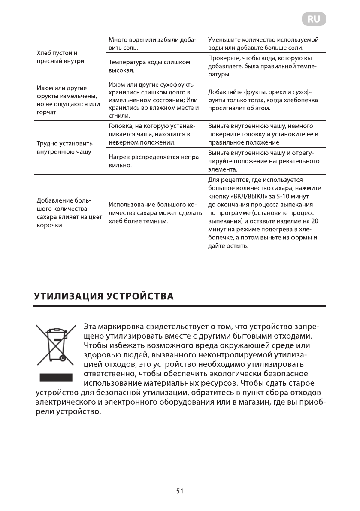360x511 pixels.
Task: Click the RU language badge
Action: (x=314, y=19)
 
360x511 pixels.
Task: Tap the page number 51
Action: (x=179, y=491)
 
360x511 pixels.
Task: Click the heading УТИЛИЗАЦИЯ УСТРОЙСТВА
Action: (x=103, y=296)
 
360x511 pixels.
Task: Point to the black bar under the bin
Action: (x=54, y=378)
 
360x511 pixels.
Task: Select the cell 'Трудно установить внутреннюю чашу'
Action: (x=64, y=148)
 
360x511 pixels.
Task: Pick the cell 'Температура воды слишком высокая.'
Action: (x=150, y=66)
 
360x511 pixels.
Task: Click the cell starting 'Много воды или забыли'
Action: (x=152, y=43)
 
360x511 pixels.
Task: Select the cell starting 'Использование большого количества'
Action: (x=154, y=213)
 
